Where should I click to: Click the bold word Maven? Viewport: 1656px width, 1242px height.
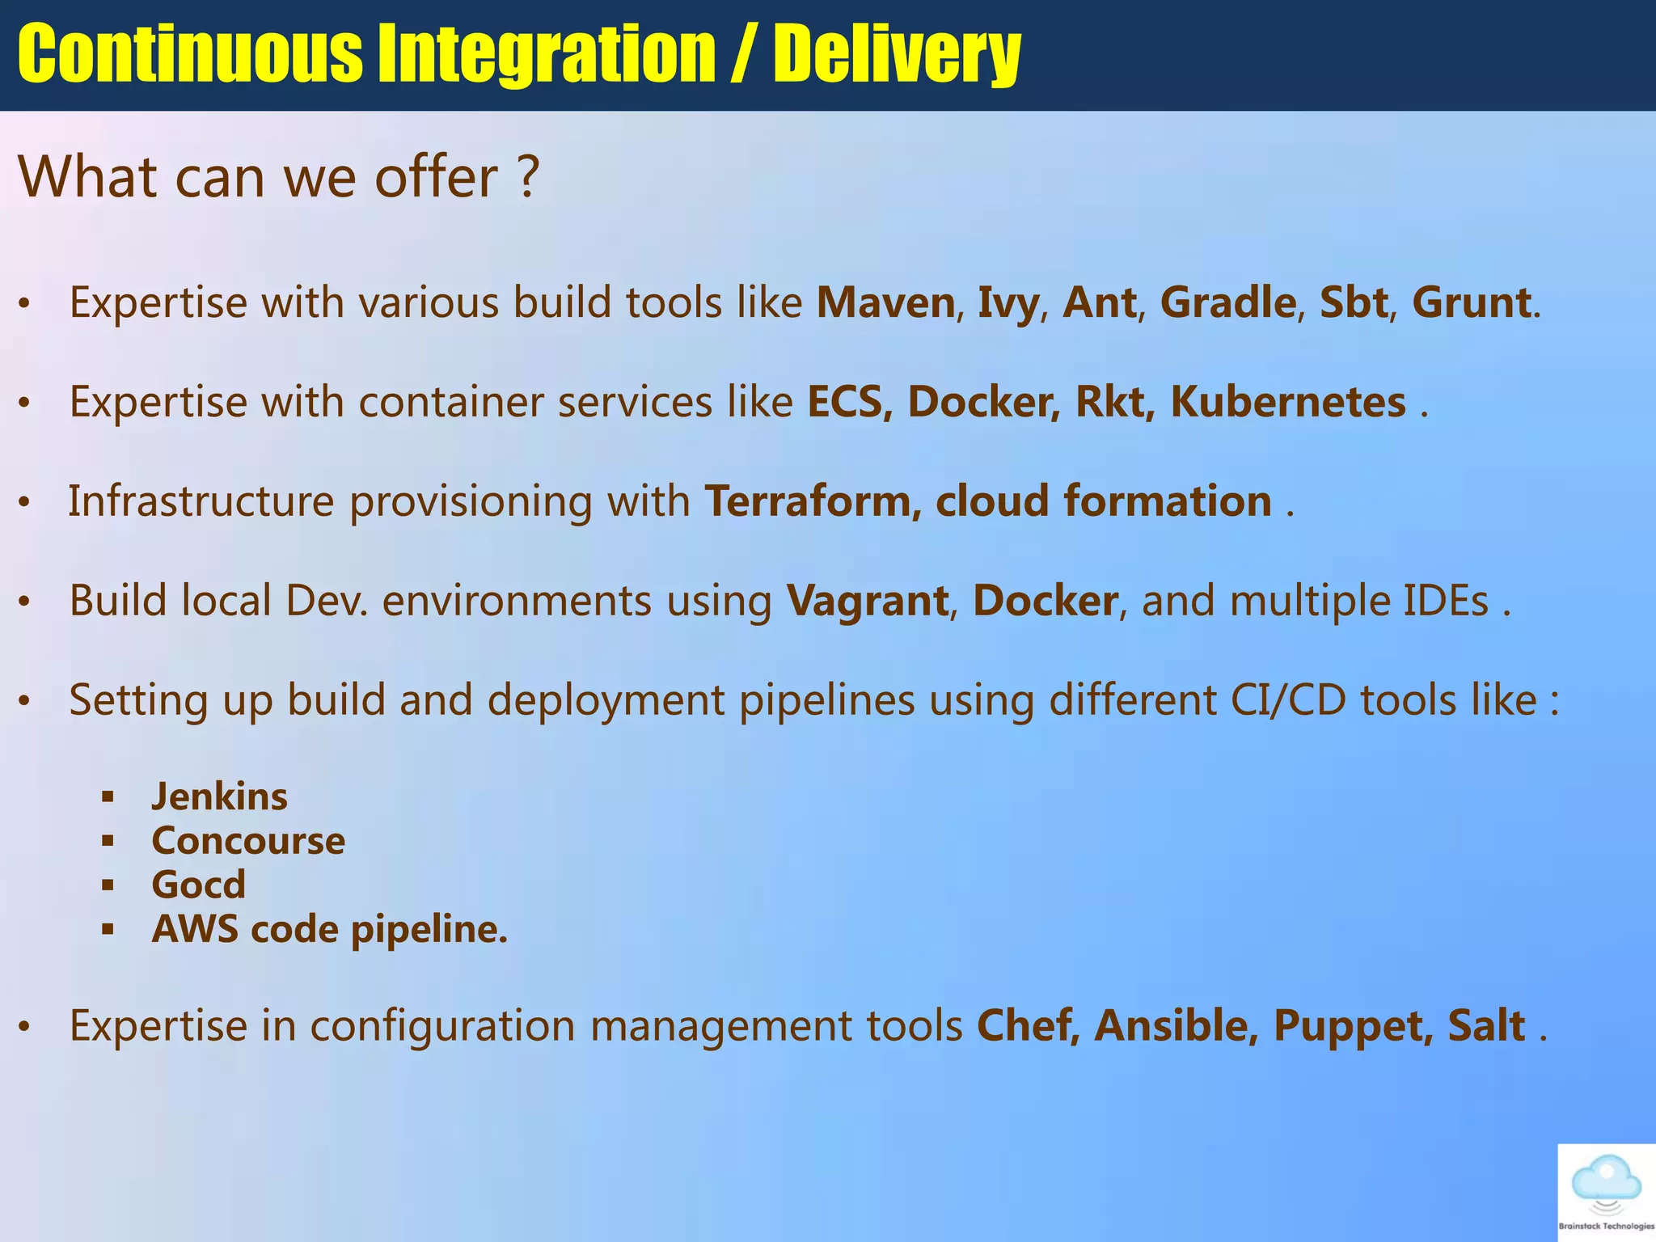pyautogui.click(x=885, y=303)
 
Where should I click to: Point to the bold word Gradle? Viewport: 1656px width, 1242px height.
pyautogui.click(x=1228, y=303)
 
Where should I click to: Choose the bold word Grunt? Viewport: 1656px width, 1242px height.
pyautogui.click(x=1471, y=303)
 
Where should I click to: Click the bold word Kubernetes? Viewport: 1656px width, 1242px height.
pyautogui.click(x=1288, y=402)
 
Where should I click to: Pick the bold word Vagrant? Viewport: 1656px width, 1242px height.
pyautogui.click(x=868, y=601)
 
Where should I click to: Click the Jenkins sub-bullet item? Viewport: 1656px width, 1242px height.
pyautogui.click(x=219, y=797)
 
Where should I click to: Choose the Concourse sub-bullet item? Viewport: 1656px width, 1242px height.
pyautogui.click(x=248, y=841)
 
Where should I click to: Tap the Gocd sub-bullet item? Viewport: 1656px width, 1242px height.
pyautogui.click(x=198, y=885)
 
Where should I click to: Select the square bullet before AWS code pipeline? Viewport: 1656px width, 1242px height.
pyautogui.click(x=108, y=930)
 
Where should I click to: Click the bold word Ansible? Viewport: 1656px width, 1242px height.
pyautogui.click(x=1177, y=1026)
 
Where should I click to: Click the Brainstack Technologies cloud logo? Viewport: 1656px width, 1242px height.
pyautogui.click(x=1606, y=1189)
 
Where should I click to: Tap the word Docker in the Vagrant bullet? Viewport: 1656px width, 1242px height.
pyautogui.click(x=1045, y=601)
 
